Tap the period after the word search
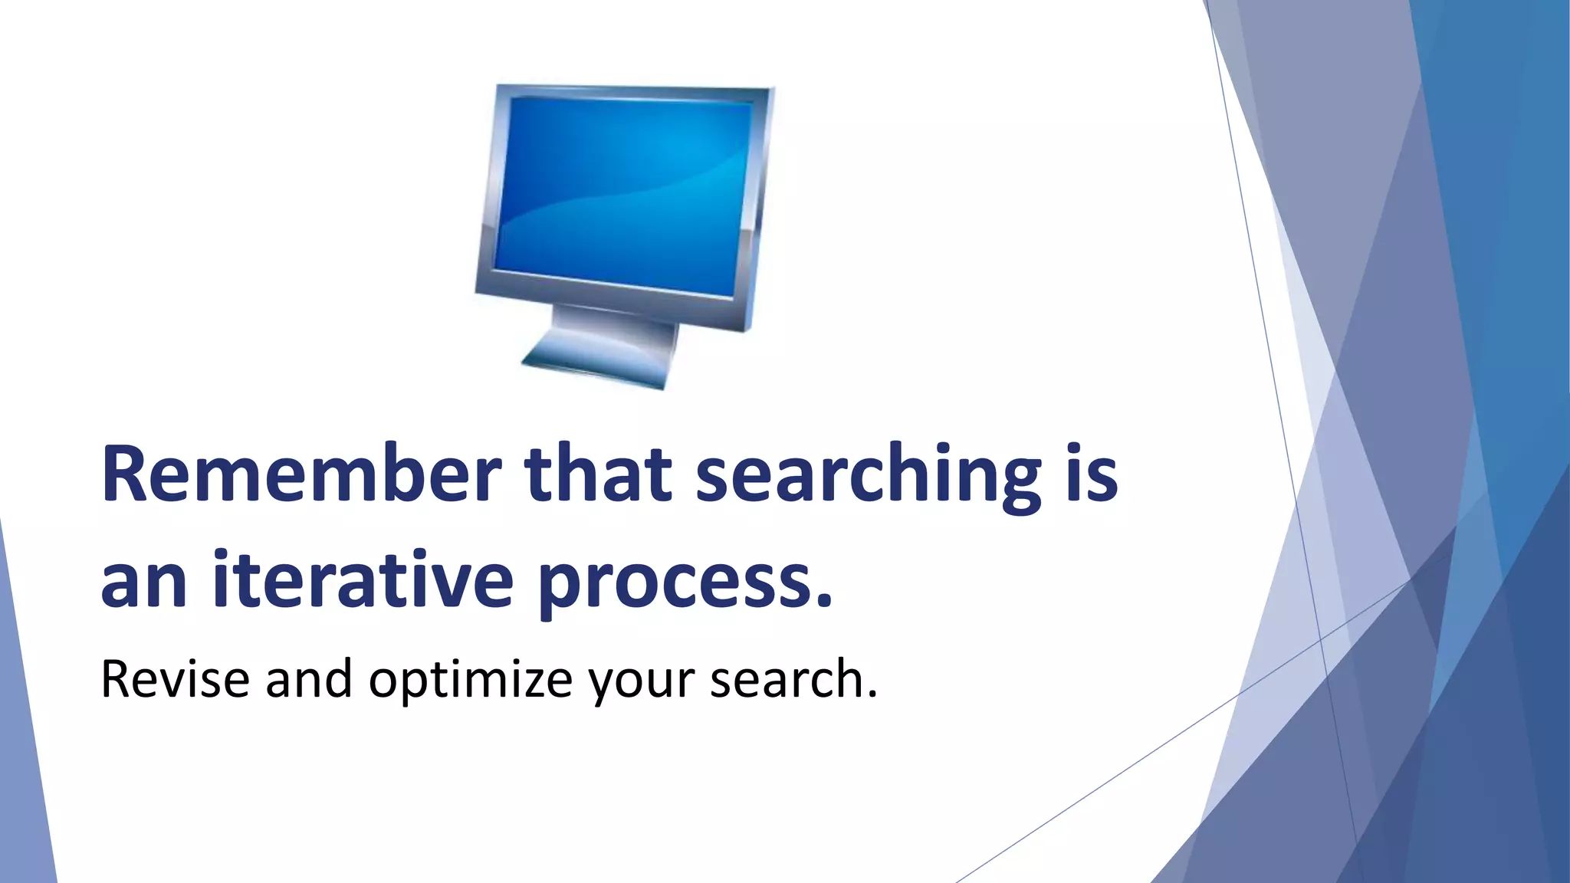point(870,695)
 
